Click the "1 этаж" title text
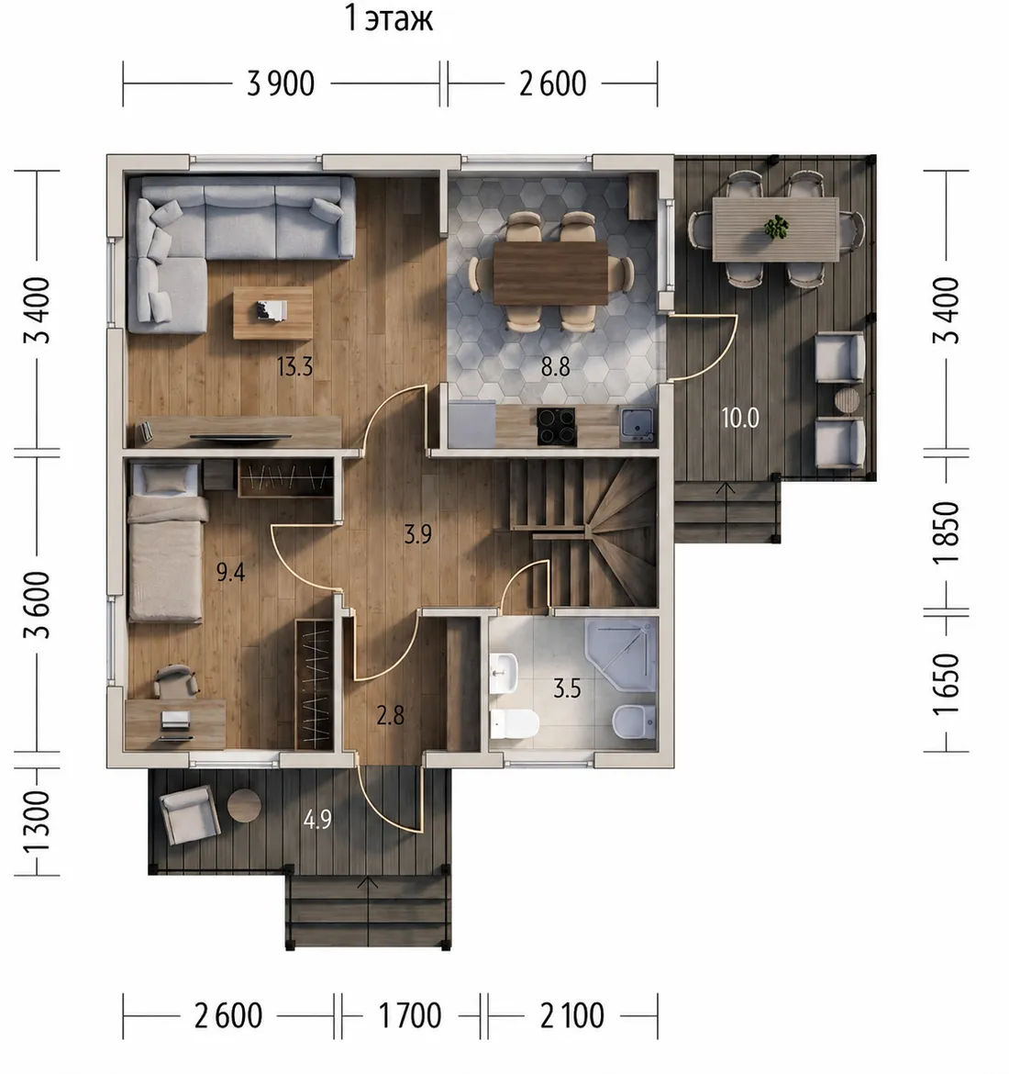389,18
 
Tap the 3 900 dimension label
281,84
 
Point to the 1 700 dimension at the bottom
410,1016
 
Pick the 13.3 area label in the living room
295,367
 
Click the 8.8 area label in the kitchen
555,367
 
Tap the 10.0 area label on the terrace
740,418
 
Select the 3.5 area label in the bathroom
567,688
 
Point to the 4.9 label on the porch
317,819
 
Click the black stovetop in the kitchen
556,426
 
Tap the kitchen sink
637,424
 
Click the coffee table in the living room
272,313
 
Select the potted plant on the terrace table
776,228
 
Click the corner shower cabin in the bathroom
621,655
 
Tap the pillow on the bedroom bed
165,480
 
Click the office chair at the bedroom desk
176,681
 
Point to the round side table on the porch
244,806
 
